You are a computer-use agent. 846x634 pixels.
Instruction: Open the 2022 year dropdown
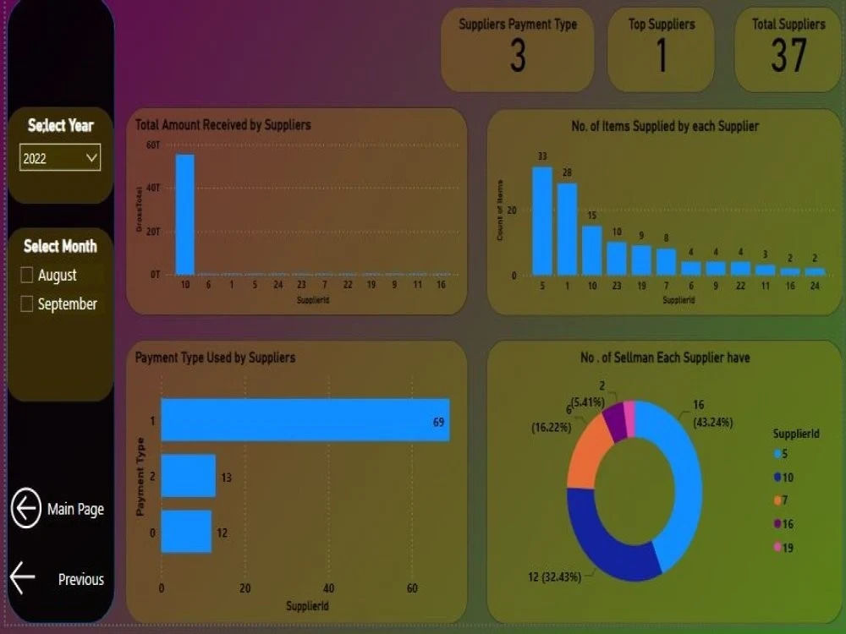click(60, 158)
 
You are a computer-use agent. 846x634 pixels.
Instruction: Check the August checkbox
click(27, 275)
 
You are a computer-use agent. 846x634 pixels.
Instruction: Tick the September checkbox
click(27, 303)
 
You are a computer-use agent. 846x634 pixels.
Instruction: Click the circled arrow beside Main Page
click(26, 509)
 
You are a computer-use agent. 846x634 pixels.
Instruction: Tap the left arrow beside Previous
click(23, 578)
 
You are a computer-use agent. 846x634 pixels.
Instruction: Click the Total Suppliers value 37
click(788, 56)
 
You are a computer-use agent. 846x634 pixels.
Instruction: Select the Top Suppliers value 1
click(662, 56)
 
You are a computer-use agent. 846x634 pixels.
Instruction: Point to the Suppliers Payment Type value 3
click(518, 56)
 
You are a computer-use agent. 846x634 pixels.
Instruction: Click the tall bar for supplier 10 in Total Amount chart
click(184, 215)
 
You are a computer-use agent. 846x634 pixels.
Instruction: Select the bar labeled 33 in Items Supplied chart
click(542, 221)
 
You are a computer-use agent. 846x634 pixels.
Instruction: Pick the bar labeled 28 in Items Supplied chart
click(567, 229)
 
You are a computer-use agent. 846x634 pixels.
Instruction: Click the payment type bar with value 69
click(305, 420)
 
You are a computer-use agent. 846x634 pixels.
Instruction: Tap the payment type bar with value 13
click(188, 476)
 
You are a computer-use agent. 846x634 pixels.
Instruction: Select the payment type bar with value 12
click(186, 532)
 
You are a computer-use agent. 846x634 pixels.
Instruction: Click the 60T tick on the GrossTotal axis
click(153, 145)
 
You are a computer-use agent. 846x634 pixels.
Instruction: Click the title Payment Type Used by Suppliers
click(215, 358)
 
